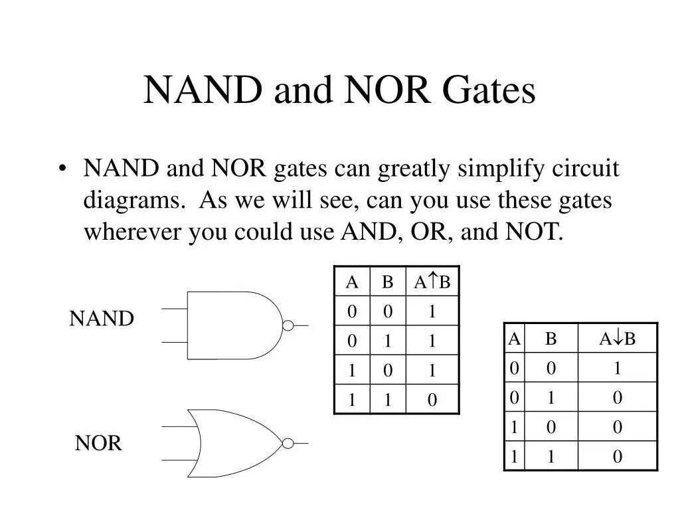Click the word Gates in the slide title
coord(488,91)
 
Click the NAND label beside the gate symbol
coord(102,319)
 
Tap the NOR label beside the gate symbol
coord(98,443)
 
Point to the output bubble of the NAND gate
coord(288,325)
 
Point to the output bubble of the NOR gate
coord(288,443)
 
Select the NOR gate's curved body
coord(232,443)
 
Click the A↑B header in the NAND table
coord(432,282)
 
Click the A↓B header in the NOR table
coord(617,339)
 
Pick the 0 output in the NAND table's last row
coord(432,400)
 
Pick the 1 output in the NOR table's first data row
coord(617,369)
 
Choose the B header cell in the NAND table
coord(387,282)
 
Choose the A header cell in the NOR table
coord(514,339)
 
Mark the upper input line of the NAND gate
coord(174,309)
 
